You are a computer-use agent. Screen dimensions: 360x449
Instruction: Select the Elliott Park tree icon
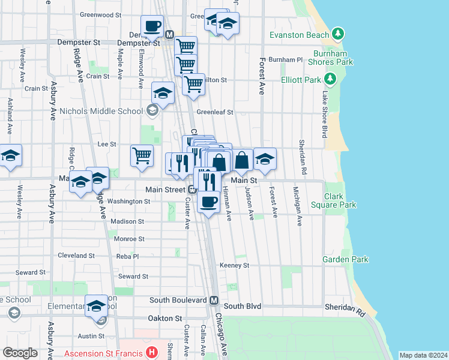pyautogui.click(x=330, y=79)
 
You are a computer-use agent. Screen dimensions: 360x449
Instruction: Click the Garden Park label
pyautogui.click(x=345, y=259)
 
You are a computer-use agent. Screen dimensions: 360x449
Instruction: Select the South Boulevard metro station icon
pyautogui.click(x=214, y=300)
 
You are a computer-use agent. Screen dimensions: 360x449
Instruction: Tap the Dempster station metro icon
pyautogui.click(x=169, y=35)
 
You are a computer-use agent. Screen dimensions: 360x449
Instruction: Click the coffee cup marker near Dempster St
pyautogui.click(x=152, y=27)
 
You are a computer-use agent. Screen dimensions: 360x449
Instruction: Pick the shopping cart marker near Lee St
pyautogui.click(x=142, y=155)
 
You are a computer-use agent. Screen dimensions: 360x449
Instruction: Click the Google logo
pyautogui.click(x=20, y=353)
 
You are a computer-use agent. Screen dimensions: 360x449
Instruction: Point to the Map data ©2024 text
pyautogui.click(x=423, y=355)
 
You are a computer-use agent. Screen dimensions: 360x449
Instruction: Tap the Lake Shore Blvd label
pyautogui.click(x=325, y=114)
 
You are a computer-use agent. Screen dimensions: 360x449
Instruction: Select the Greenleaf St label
pyautogui.click(x=214, y=112)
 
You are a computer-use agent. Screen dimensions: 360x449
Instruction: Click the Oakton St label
pyautogui.click(x=166, y=319)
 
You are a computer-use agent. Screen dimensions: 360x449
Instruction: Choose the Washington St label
pyautogui.click(x=130, y=202)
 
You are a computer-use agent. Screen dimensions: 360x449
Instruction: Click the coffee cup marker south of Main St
pyautogui.click(x=208, y=202)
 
